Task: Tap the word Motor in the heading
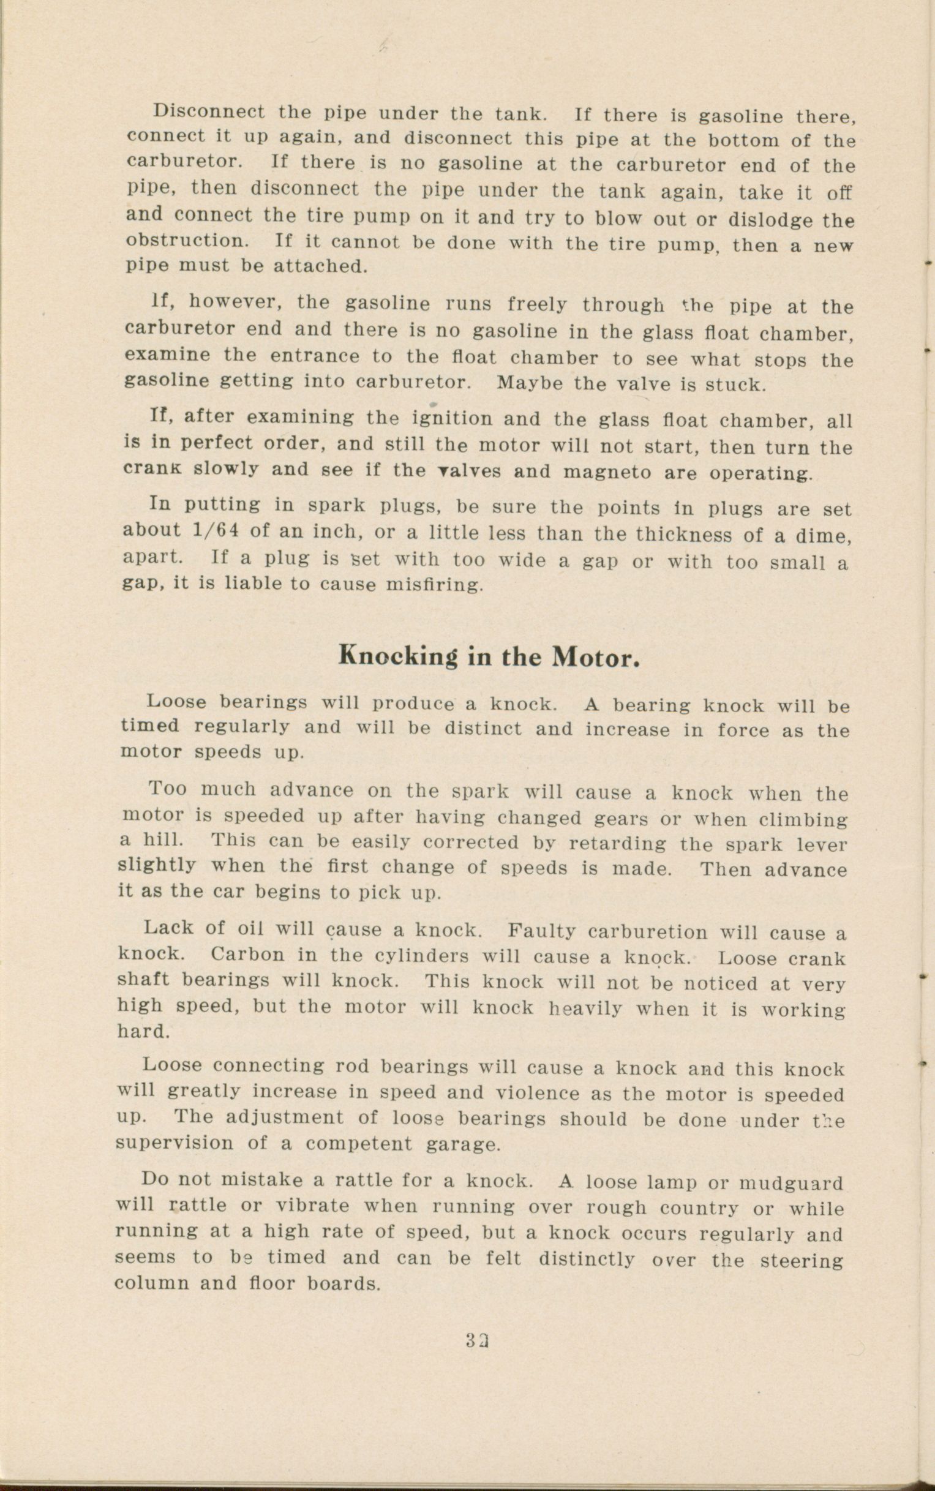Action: pyautogui.click(x=595, y=658)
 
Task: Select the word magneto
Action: pyautogui.click(x=607, y=473)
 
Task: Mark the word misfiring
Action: pyautogui.click(x=434, y=584)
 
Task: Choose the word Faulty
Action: pyautogui.click(x=542, y=931)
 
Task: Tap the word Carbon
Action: pyautogui.click(x=247, y=955)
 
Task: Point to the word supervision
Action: pyautogui.click(x=175, y=1143)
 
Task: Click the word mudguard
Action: pyautogui.click(x=792, y=1183)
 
